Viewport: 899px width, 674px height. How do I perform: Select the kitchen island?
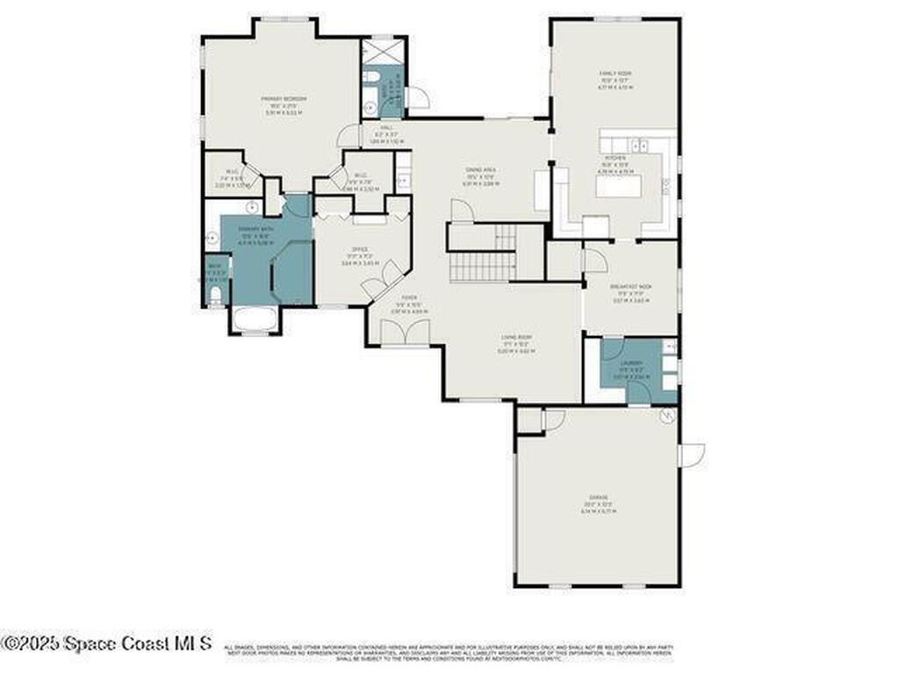tap(618, 186)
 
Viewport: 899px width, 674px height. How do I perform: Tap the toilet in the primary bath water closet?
tap(215, 295)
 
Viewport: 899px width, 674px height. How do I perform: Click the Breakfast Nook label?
tap(630, 290)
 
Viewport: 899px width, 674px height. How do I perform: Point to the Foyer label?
tap(397, 306)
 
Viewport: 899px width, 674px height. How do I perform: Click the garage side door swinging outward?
tap(692, 455)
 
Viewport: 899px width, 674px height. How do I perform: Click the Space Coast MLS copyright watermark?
tap(105, 642)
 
